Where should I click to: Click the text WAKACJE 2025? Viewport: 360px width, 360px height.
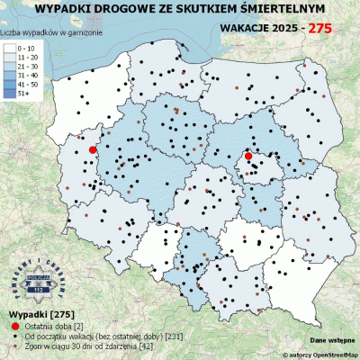click(257, 28)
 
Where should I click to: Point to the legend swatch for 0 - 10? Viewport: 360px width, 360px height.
click(10, 45)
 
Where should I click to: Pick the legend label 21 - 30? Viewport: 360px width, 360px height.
click(29, 65)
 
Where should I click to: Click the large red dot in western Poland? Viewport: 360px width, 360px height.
click(92, 150)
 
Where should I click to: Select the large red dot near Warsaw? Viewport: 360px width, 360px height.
click(248, 157)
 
